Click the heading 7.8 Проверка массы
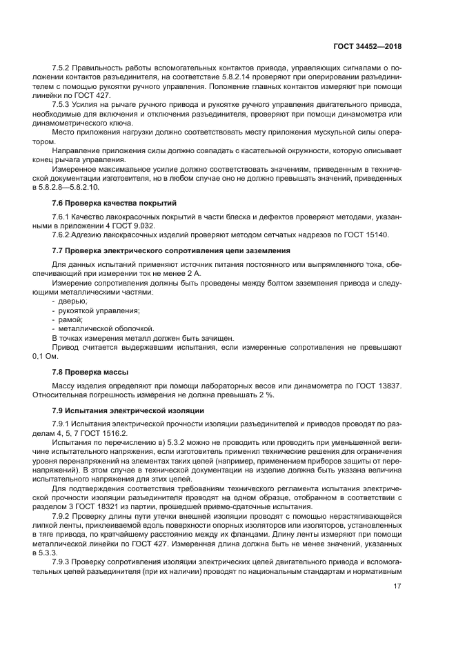click(x=86, y=372)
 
